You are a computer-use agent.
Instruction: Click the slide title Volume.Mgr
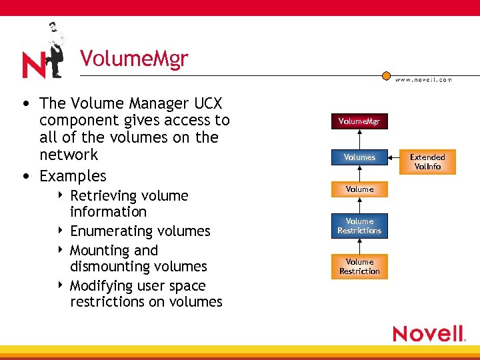coord(134,59)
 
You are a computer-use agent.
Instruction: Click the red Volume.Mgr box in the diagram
coord(359,121)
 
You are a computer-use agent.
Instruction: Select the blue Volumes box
coord(359,157)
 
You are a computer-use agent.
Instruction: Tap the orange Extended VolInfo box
coord(427,162)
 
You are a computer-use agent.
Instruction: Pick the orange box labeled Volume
coord(359,189)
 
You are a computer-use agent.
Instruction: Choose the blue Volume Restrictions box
coord(359,226)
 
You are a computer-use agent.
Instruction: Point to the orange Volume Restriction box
coord(359,267)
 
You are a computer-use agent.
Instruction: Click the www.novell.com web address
coord(423,80)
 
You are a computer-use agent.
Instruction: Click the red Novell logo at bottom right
coord(428,333)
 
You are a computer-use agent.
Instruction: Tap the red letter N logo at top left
coord(33,65)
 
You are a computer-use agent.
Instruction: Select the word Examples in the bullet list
coord(73,176)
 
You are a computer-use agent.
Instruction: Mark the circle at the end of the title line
coord(386,76)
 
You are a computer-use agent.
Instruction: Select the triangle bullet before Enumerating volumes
coord(61,231)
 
